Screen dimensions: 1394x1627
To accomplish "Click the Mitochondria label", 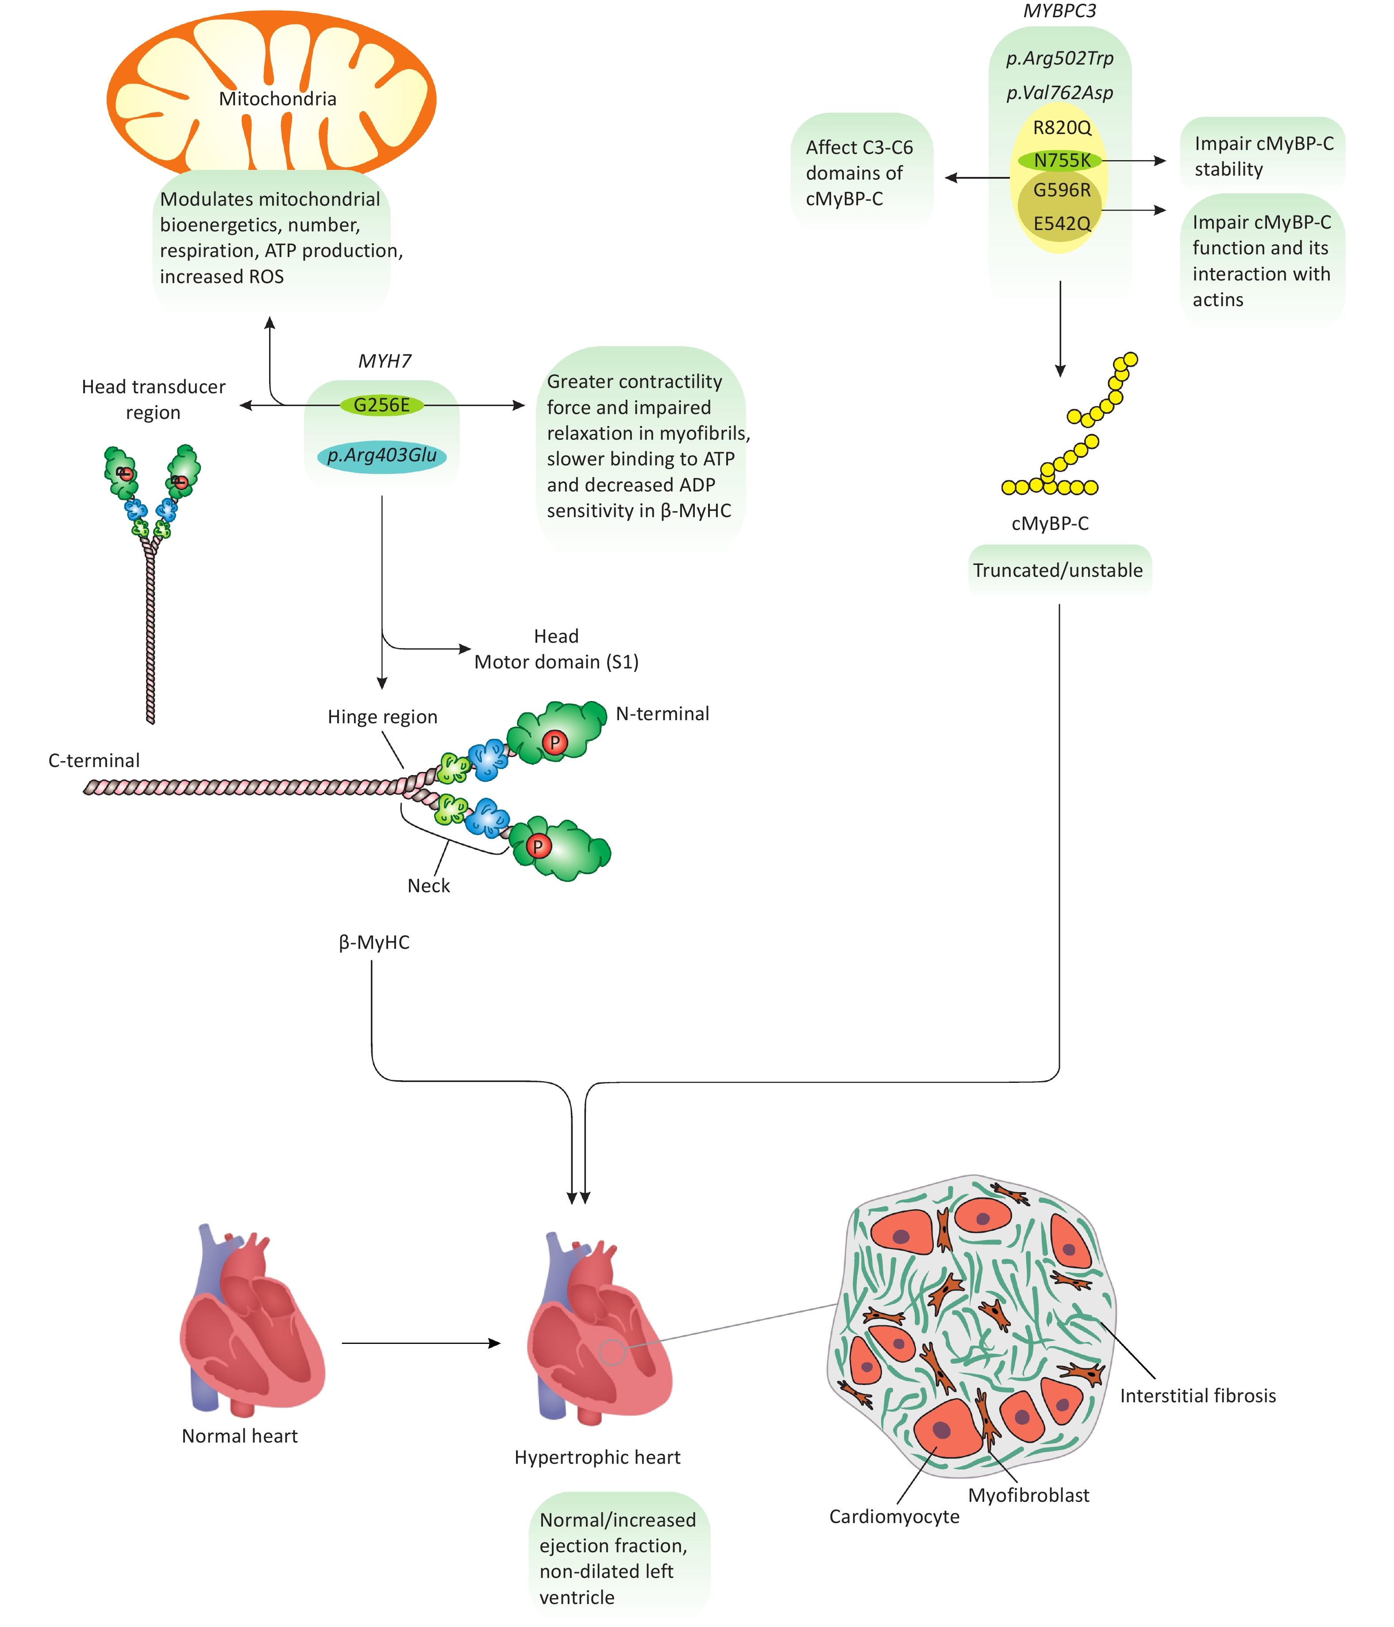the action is tap(277, 99).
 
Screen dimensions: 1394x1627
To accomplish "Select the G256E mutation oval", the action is tap(381, 405).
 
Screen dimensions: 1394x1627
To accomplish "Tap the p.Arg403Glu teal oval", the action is tap(381, 456).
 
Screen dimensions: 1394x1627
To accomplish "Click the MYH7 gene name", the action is tap(385, 361).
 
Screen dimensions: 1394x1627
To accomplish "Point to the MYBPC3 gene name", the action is tap(1059, 11).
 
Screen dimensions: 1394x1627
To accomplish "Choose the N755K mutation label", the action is tap(1061, 160).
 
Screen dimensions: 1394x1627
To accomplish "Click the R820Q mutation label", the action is tap(1062, 127).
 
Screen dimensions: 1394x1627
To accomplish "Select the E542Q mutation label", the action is tap(1062, 224).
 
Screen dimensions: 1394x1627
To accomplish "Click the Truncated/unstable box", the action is tap(1059, 571).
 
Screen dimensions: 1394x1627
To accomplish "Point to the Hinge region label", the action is tap(382, 717).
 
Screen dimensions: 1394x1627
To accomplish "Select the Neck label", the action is tap(429, 886).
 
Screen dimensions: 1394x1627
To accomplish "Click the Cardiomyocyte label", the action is tap(894, 1517).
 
